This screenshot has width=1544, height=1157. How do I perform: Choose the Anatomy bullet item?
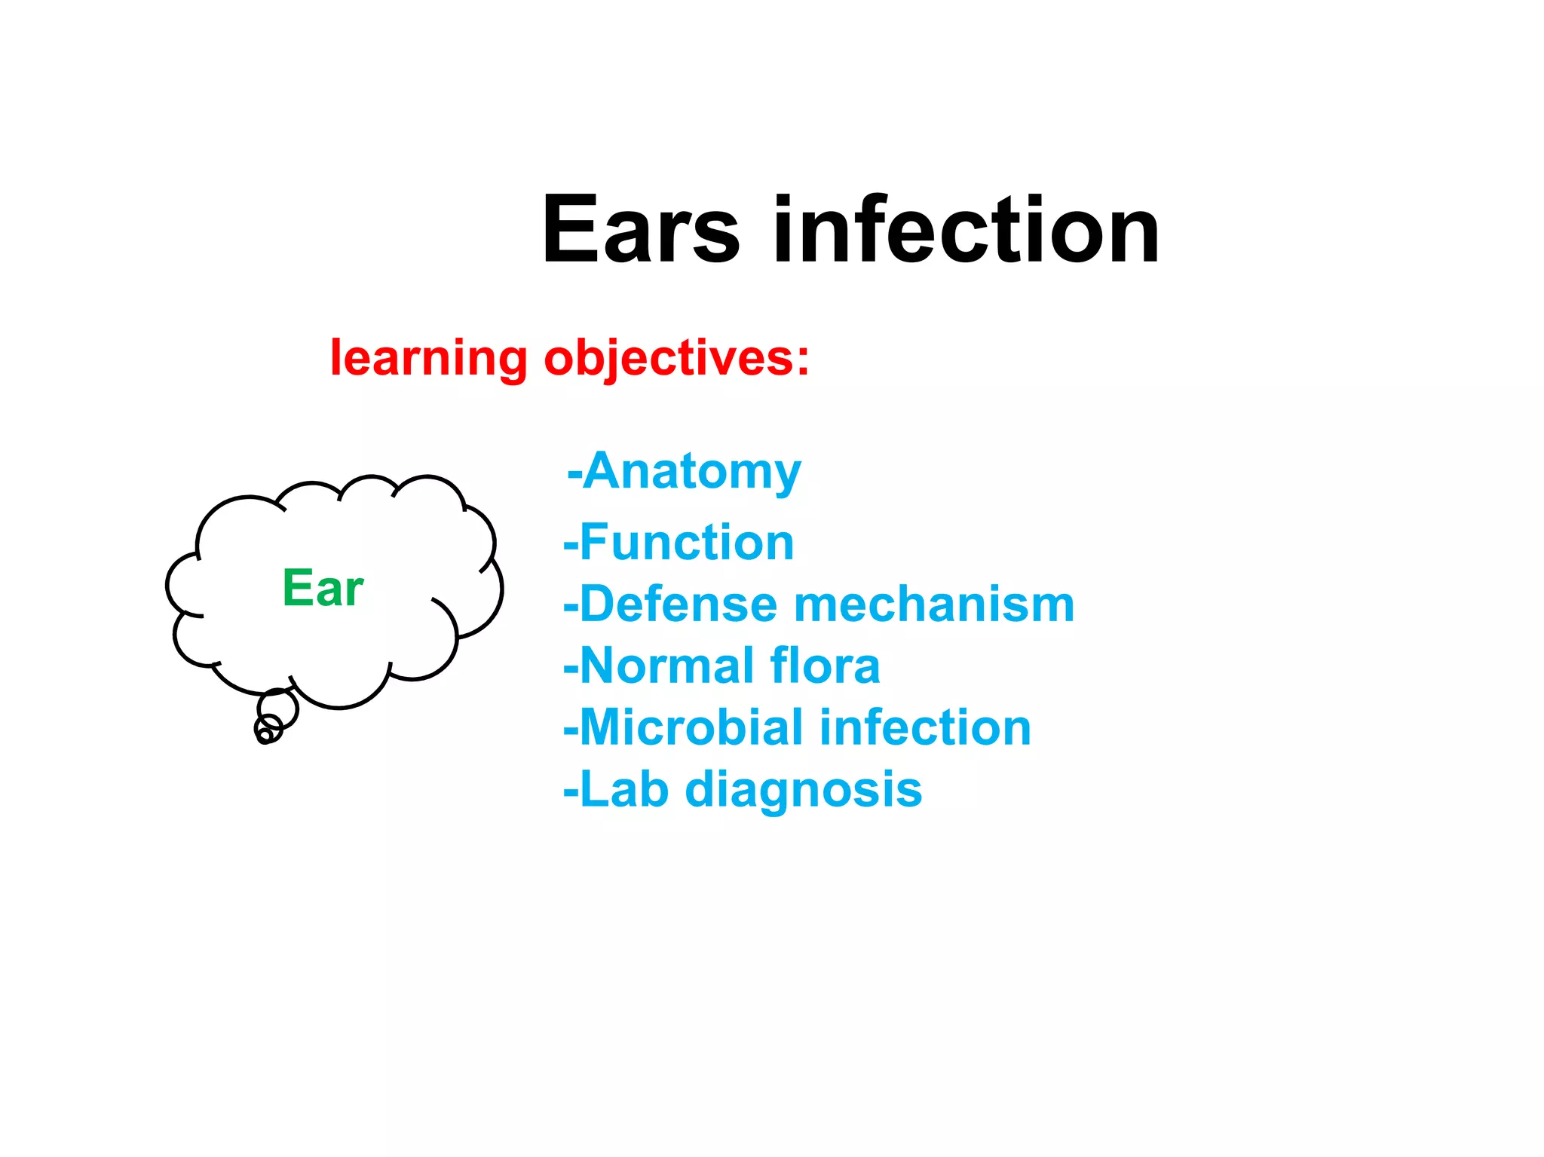point(691,472)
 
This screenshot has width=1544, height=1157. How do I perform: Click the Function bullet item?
point(686,543)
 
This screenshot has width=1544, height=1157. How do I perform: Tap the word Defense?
point(679,605)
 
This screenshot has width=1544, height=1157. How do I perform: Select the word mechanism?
point(934,605)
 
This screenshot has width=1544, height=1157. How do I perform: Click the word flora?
point(825,666)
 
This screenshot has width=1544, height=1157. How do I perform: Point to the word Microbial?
point(691,728)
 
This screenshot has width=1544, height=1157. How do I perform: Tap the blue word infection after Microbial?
point(925,728)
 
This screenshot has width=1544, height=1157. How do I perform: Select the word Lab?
point(624,790)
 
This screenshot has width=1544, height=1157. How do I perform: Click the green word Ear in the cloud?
point(323,588)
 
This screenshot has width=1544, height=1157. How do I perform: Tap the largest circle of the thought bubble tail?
point(278,709)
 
